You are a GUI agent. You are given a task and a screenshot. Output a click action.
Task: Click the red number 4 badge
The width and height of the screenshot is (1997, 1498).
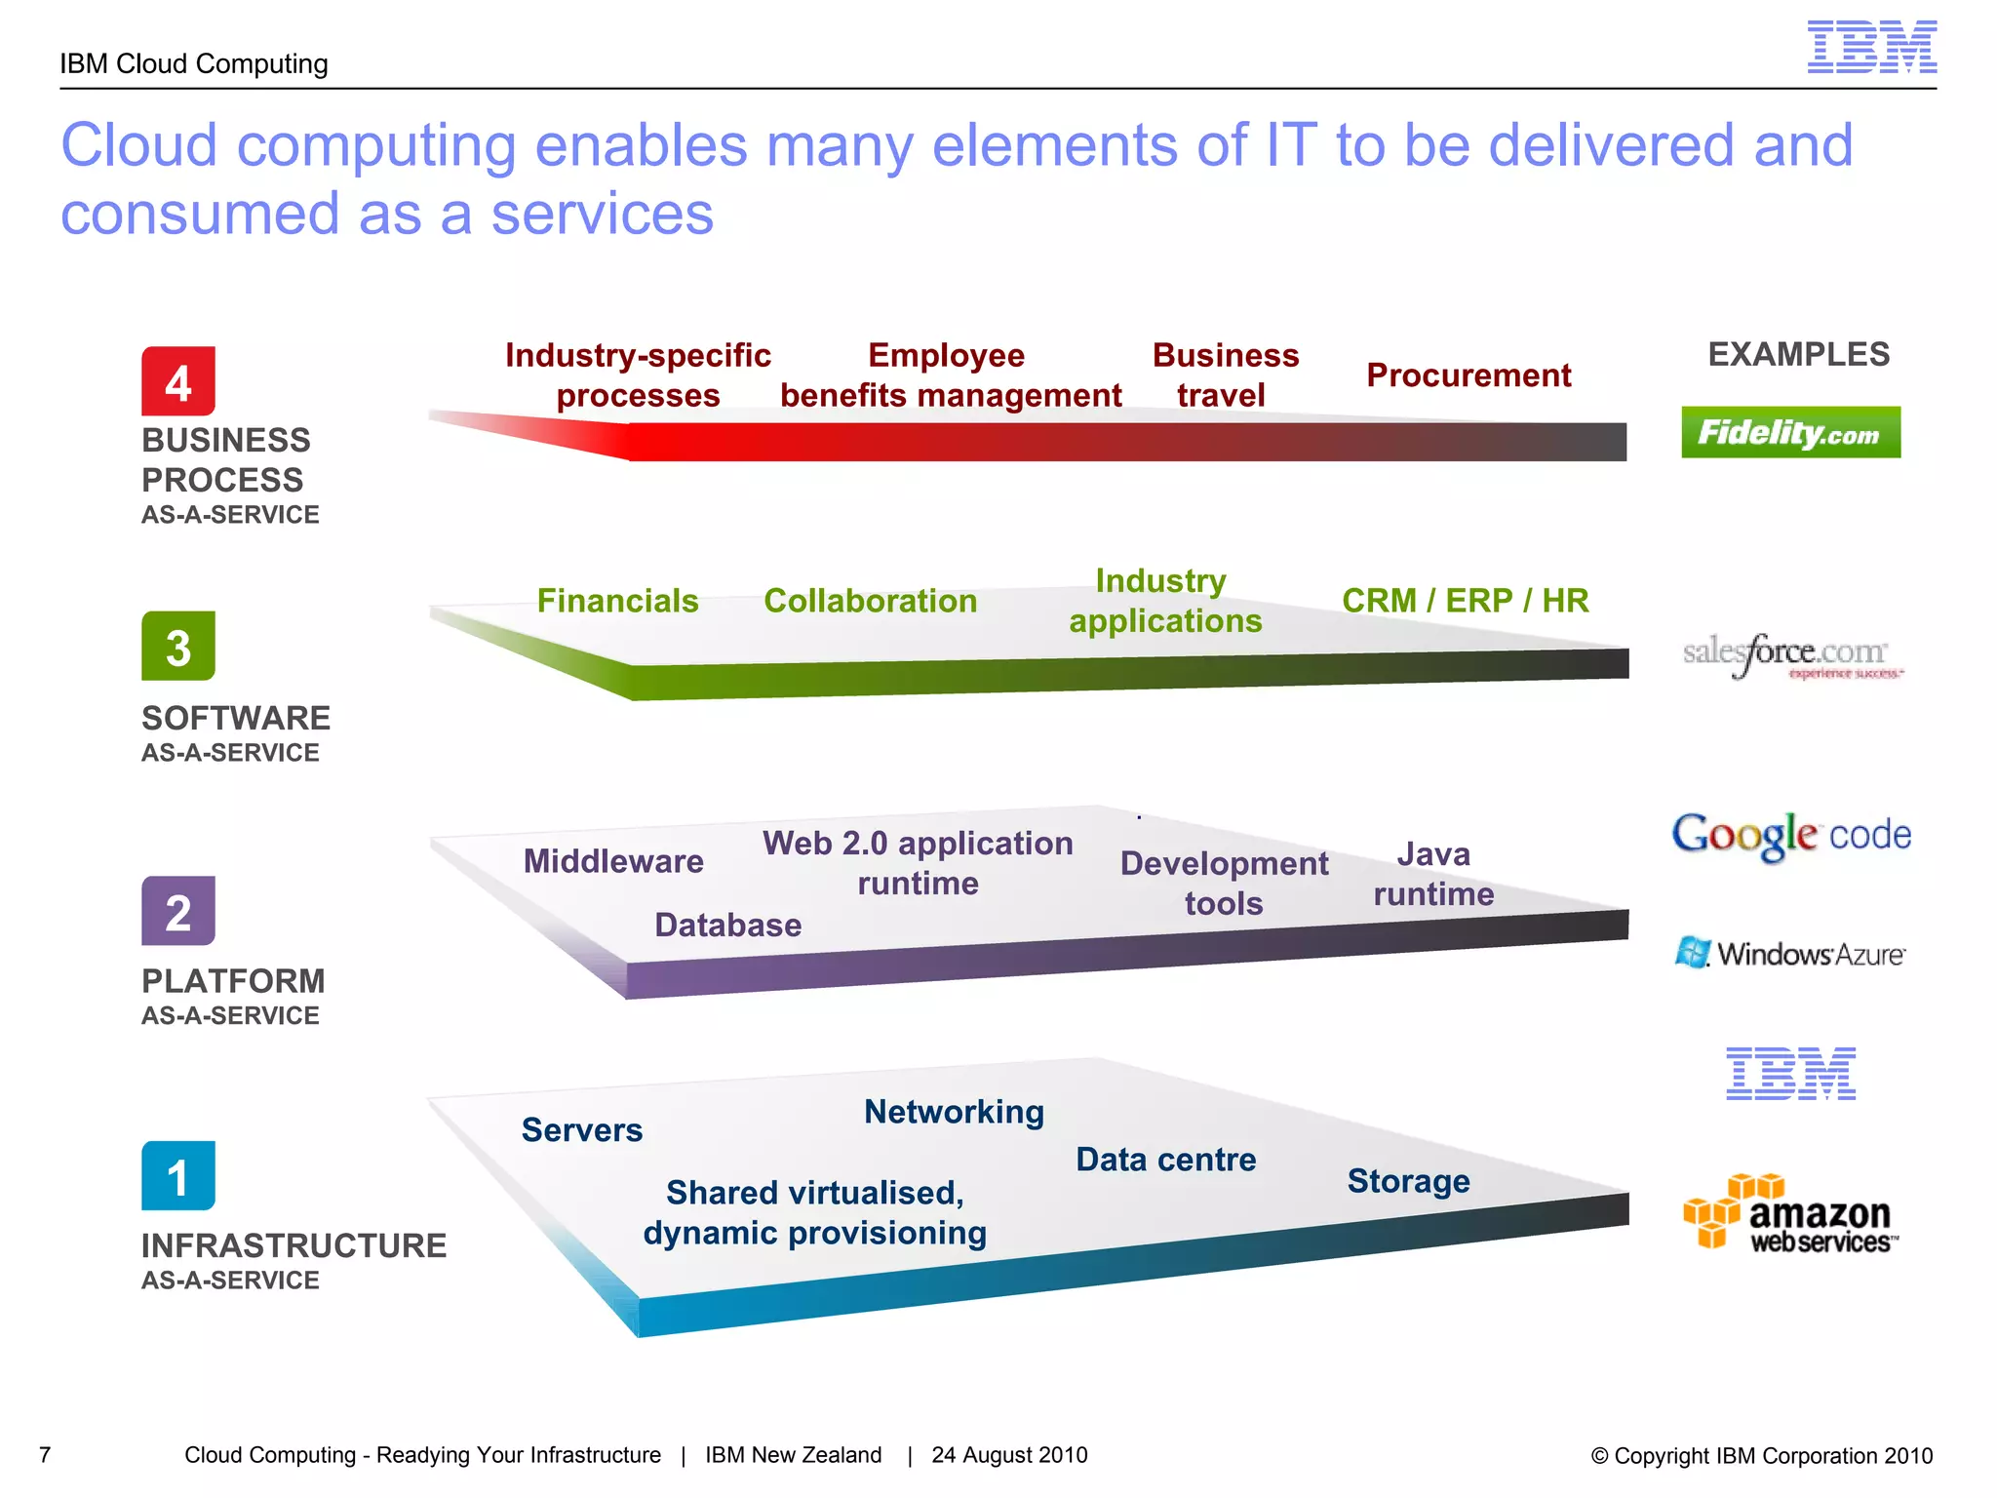point(178,381)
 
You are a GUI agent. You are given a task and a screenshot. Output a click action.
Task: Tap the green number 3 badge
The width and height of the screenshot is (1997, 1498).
point(178,647)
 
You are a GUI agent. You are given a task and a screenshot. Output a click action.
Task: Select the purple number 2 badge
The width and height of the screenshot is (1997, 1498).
point(178,911)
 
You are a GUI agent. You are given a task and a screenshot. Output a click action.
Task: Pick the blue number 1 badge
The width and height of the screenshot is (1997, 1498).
point(178,1176)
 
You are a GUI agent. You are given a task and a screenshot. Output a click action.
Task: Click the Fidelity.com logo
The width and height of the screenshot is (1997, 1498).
point(1790,432)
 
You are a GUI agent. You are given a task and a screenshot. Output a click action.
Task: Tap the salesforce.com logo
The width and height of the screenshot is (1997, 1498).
point(1790,655)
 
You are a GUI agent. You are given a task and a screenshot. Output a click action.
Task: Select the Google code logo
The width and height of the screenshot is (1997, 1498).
point(1790,836)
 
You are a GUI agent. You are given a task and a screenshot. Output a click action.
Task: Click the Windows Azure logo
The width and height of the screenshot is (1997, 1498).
point(1790,953)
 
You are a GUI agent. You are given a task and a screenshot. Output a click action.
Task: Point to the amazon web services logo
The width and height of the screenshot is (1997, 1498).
point(1790,1214)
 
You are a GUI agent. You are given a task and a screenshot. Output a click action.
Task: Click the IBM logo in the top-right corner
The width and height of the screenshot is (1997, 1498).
point(1871,47)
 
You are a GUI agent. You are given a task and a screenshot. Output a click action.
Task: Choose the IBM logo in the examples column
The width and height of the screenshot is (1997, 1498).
point(1790,1074)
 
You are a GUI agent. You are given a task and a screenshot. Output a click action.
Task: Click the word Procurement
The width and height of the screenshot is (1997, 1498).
point(1468,375)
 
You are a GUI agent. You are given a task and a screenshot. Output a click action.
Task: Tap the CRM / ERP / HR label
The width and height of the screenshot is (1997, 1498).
point(1465,601)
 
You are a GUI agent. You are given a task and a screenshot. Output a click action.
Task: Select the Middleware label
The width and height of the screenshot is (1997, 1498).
point(613,861)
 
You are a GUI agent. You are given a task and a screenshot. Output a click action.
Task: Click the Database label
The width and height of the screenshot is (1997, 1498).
point(727,925)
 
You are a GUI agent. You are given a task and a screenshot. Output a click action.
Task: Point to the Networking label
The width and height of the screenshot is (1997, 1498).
point(954,1112)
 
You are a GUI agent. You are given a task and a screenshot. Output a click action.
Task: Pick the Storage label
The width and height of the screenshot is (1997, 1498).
point(1408,1181)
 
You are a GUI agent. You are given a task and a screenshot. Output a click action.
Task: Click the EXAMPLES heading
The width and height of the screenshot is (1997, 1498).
point(1798,354)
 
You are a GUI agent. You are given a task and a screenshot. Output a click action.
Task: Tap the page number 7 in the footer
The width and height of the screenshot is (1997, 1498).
point(45,1455)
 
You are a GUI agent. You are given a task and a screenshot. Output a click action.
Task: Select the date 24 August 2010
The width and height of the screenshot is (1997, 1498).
point(1009,1455)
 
